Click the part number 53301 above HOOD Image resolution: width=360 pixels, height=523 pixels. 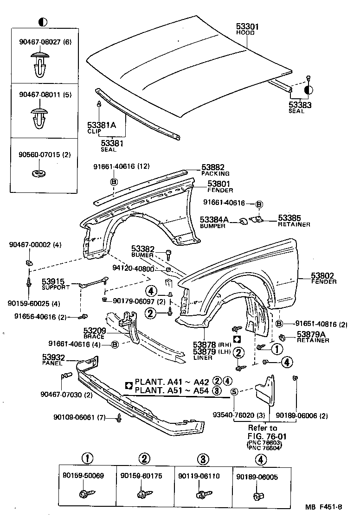[247, 27]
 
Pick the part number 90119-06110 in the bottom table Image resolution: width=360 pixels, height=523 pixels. [202, 476]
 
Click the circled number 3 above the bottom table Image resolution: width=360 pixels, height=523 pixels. [202, 459]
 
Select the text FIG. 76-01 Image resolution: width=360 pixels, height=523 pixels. [263, 436]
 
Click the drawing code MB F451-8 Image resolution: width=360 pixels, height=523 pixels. [323, 507]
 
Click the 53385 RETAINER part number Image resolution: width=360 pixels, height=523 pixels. [289, 217]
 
